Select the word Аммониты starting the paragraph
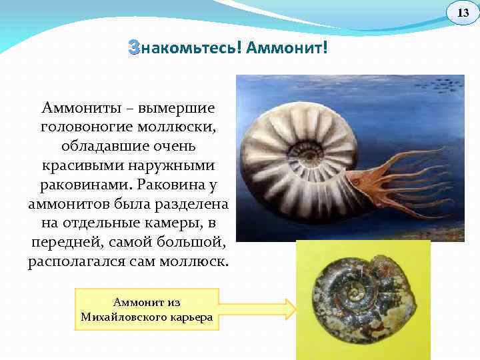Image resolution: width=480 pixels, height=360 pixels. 78,107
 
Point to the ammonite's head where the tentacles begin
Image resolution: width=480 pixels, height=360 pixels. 359,179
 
